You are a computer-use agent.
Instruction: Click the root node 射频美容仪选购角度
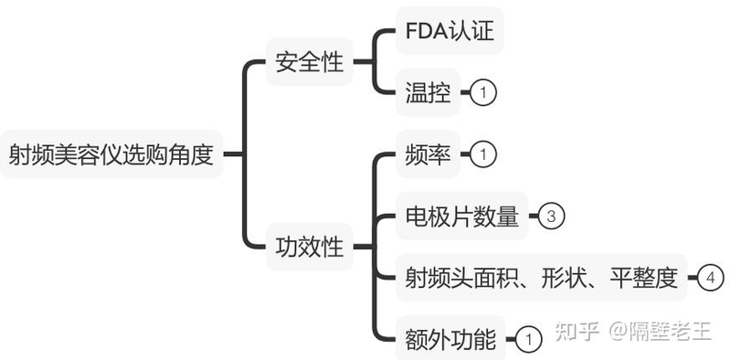[111, 154]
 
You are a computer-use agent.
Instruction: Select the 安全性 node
[309, 63]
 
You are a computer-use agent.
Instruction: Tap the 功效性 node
[309, 246]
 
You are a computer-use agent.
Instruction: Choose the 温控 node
[428, 92]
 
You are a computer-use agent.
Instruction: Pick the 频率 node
[428, 154]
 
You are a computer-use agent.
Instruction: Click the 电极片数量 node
[461, 217]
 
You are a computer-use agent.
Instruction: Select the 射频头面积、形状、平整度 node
[543, 277]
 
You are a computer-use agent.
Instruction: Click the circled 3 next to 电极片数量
[552, 217]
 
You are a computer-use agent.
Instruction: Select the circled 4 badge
[712, 277]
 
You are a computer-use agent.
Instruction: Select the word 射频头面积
[461, 277]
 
